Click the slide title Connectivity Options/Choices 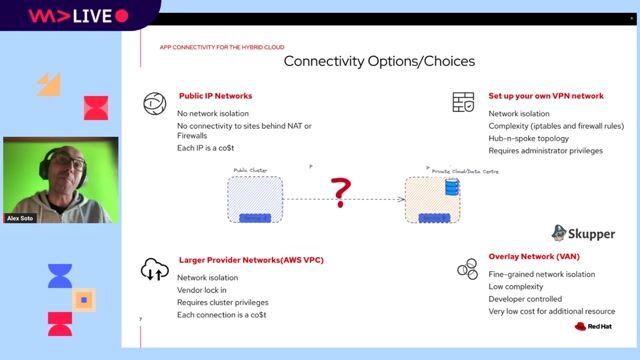pyautogui.click(x=379, y=62)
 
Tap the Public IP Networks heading pyautogui.click(x=215, y=96)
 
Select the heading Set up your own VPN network pyautogui.click(x=546, y=96)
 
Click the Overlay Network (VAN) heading pyautogui.click(x=534, y=256)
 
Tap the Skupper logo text pyautogui.click(x=592, y=234)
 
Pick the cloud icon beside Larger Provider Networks pyautogui.click(x=154, y=269)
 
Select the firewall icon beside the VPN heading pyautogui.click(x=463, y=102)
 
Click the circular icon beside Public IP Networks pyautogui.click(x=154, y=103)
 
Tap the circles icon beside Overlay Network pyautogui.click(x=466, y=268)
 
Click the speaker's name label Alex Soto pyautogui.click(x=21, y=215)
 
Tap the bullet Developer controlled pyautogui.click(x=525, y=299)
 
